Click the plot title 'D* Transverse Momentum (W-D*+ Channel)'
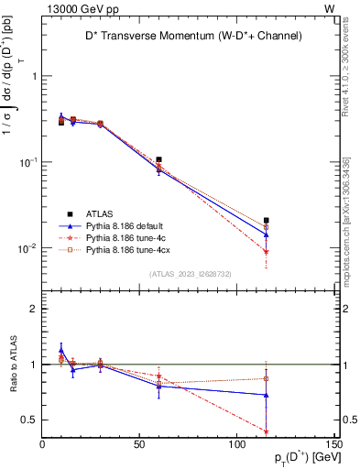coord(190,36)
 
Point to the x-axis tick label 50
coord(139,445)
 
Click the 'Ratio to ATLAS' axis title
coord(12,364)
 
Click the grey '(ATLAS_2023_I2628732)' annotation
coord(189,273)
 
